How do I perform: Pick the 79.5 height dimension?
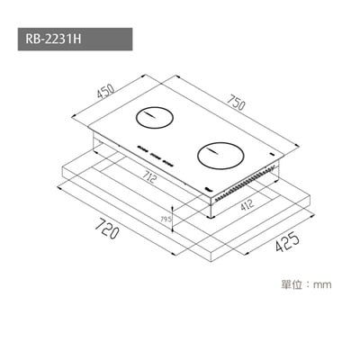coord(165,219)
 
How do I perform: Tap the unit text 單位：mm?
coord(307,285)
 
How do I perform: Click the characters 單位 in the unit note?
coord(291,285)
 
